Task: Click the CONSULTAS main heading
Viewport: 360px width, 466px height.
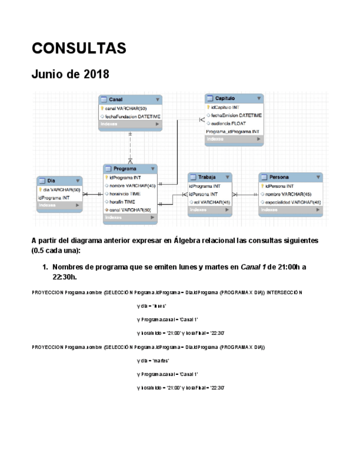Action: (79, 48)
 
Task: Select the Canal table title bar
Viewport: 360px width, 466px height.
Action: (130, 99)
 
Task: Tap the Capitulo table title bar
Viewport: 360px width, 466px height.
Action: (235, 98)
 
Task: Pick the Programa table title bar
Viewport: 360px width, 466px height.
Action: (130, 169)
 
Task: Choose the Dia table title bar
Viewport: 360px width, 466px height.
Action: (59, 181)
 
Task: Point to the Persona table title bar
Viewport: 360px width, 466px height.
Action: (291, 177)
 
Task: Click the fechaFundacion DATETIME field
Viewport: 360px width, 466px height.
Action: (132, 116)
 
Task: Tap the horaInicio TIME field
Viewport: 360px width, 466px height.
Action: (125, 193)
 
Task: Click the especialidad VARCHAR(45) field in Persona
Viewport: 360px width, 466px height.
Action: (292, 202)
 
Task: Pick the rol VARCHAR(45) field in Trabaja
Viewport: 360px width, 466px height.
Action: (212, 202)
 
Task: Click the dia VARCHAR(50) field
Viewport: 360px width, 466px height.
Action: (62, 190)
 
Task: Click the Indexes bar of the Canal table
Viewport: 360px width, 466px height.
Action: (130, 125)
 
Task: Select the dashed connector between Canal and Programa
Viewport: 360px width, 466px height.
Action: (130, 146)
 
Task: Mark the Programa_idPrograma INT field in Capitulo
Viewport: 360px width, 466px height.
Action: (232, 132)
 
